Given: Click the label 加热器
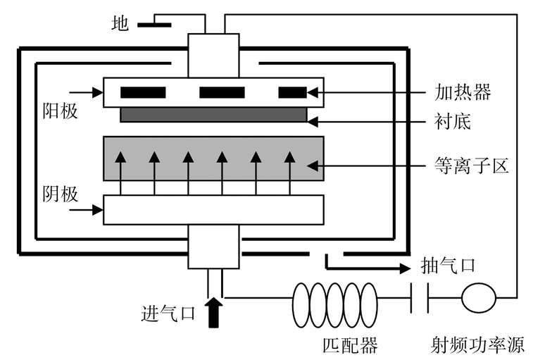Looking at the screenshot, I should point(462,92).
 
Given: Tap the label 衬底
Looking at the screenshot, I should point(452,122).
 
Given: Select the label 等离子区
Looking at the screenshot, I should point(471,166).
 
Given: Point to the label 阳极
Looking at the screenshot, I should point(59,111).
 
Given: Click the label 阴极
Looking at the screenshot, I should point(60,194).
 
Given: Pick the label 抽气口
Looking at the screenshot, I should point(448,266).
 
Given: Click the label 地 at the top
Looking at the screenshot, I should point(120,24).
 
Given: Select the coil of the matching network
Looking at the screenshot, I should point(334,298).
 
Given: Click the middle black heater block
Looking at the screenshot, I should point(222,92).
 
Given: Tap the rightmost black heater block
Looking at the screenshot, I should point(293,92).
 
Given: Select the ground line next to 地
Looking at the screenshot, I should point(153,25).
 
